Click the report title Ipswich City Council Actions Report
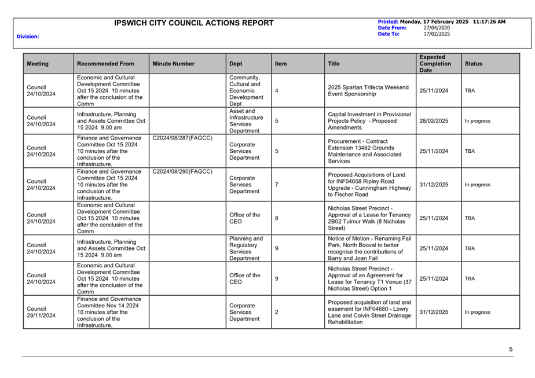pyautogui.click(x=194, y=23)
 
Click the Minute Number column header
pyautogui.click(x=173, y=64)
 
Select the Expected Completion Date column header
pyautogui.click(x=433, y=64)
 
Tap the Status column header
pyautogui.click(x=473, y=64)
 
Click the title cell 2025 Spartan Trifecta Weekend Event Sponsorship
pyautogui.click(x=368, y=91)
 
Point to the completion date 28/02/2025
pyautogui.click(x=434, y=121)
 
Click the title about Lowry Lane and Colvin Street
pyautogui.click(x=369, y=312)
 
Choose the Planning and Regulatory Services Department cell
pyautogui.click(x=245, y=248)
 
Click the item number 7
pyautogui.click(x=277, y=185)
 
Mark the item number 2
pyautogui.click(x=277, y=312)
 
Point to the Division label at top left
pyautogui.click(x=28, y=36)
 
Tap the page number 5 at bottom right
pyautogui.click(x=511, y=349)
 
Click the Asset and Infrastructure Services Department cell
pyautogui.click(x=247, y=121)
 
